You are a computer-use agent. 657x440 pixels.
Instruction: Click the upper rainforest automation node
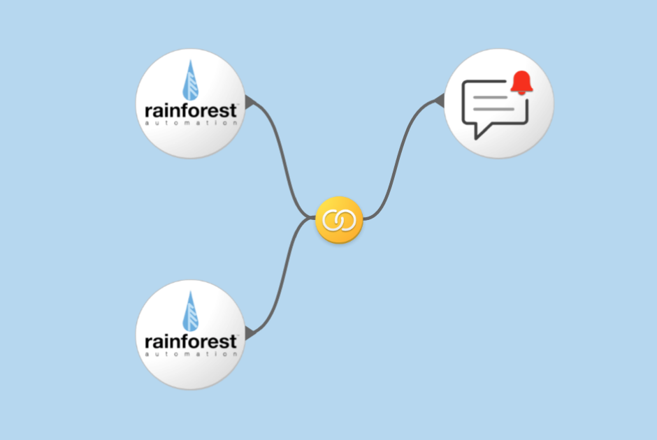[x=190, y=103]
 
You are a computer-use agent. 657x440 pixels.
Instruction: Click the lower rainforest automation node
[x=190, y=335]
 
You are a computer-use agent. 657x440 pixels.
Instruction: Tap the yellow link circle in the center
[x=339, y=221]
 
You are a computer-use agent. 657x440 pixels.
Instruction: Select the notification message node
[x=499, y=103]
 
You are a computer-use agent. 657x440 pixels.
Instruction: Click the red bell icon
[x=521, y=82]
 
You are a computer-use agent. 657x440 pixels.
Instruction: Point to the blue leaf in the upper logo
[x=190, y=80]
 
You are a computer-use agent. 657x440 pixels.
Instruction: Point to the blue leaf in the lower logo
[x=190, y=311]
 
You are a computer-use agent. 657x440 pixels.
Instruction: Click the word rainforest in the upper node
[x=191, y=110]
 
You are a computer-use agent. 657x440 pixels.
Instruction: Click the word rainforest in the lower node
[x=191, y=342]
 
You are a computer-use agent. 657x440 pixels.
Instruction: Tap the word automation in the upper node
[x=191, y=123]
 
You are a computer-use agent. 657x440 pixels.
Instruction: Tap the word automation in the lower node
[x=191, y=354]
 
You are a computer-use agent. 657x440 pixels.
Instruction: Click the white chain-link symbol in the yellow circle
[x=339, y=221]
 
